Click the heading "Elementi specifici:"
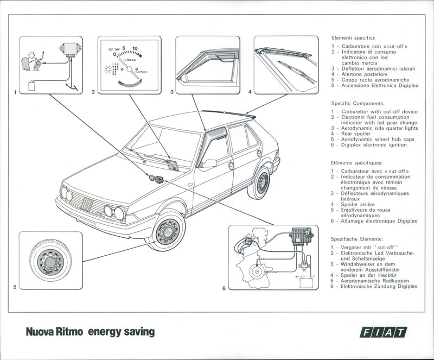point(353,39)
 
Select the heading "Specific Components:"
point(357,103)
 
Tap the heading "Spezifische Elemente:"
point(358,239)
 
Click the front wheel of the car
point(167,231)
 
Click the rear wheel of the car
point(261,184)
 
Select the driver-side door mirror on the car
point(208,163)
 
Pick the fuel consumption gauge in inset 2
point(129,65)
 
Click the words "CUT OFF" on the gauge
point(114,49)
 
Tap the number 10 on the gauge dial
point(135,48)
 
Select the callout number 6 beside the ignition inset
point(224,288)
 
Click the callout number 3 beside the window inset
point(172,92)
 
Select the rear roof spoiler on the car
point(228,113)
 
